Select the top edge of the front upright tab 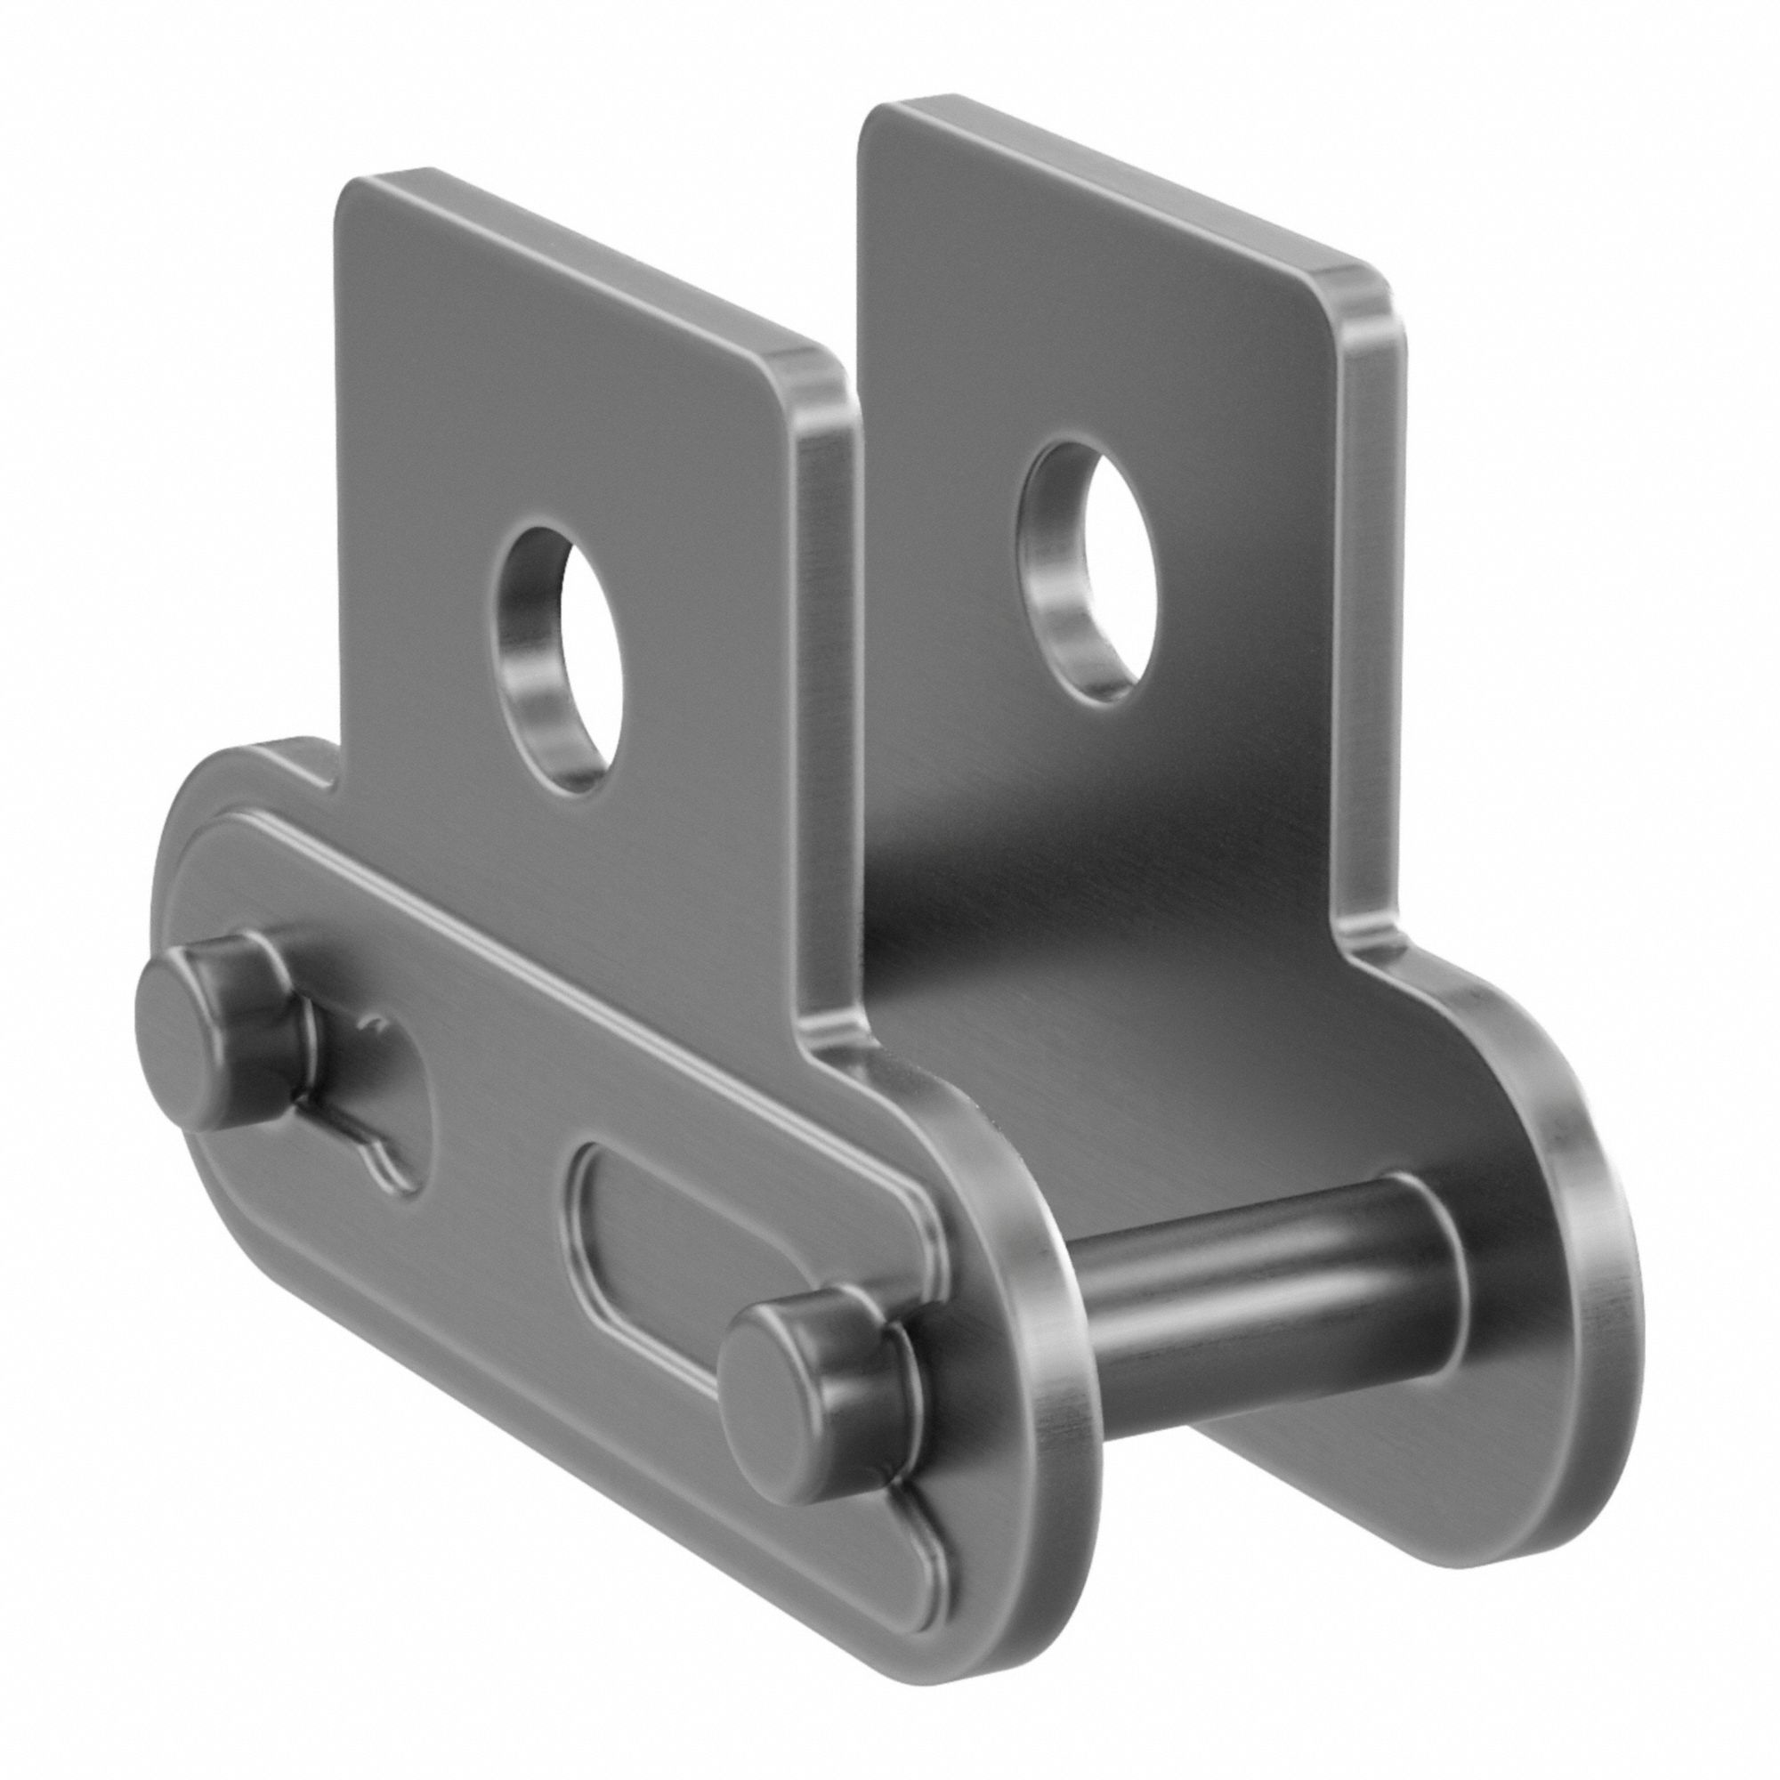tap(590, 267)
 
